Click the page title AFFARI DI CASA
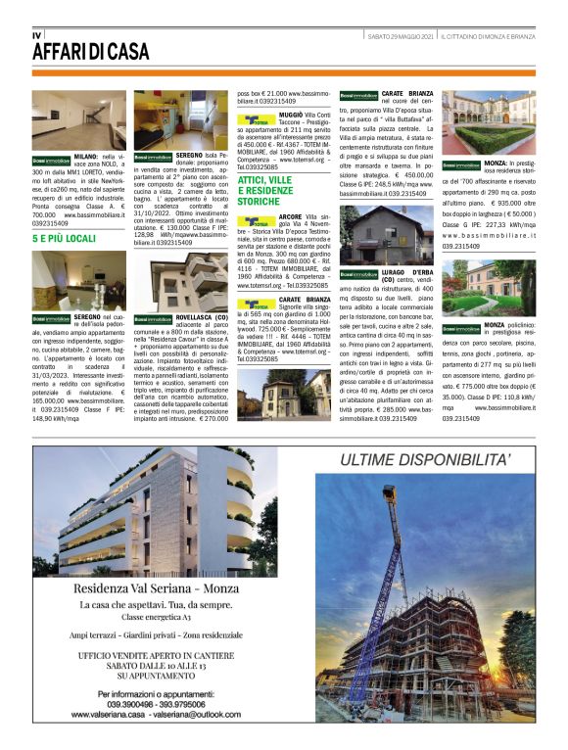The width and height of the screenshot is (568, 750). pyautogui.click(x=90, y=51)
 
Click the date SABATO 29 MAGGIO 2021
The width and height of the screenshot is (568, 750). pyautogui.click(x=402, y=35)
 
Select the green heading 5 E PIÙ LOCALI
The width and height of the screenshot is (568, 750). pyautogui.click(x=64, y=238)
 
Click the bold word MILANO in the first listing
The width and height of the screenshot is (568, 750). pyautogui.click(x=86, y=157)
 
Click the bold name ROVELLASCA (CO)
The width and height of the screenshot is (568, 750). pyautogui.click(x=202, y=317)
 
